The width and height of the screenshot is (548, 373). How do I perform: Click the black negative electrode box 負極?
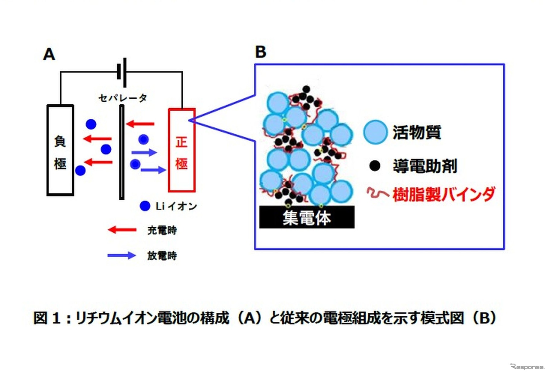point(60,150)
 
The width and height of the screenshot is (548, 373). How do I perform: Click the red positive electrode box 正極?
point(181,150)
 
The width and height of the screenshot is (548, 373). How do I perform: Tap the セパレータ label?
point(123,98)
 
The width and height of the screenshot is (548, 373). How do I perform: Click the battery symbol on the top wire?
point(122,72)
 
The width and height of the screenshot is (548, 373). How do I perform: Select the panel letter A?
point(49,54)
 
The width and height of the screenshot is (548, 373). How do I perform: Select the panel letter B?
point(261,52)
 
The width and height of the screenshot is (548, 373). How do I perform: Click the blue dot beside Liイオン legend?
point(145,206)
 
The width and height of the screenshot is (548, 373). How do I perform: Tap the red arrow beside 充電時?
point(122,230)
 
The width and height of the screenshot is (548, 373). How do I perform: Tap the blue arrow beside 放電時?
point(122,256)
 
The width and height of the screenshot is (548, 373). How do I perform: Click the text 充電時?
point(162,230)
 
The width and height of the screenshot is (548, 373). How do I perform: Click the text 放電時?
point(162,256)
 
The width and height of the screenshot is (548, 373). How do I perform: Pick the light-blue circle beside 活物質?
point(375,132)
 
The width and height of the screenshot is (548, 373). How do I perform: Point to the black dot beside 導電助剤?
point(375,166)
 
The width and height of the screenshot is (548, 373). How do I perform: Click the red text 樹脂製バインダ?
point(444,194)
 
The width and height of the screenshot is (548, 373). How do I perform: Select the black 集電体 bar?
point(307,217)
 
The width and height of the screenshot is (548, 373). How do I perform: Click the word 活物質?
point(417,132)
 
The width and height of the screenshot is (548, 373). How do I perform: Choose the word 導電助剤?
point(425,166)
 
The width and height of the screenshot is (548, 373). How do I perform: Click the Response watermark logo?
point(527,367)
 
